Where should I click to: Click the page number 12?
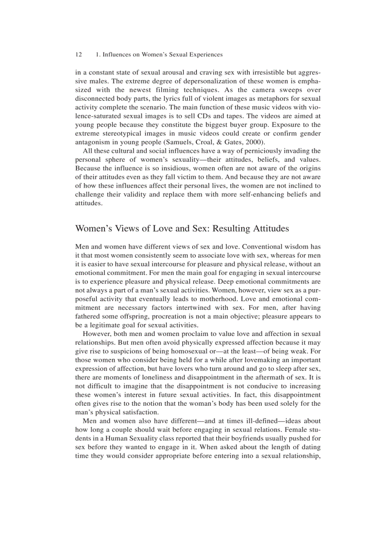pos(79,55)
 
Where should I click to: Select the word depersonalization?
pos(209,82)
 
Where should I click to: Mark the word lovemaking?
pos(255,359)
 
